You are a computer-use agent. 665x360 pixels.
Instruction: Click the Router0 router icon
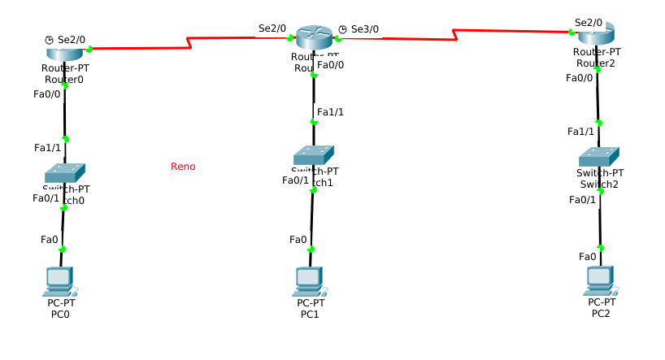(x=64, y=53)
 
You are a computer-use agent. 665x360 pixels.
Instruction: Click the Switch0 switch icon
(x=64, y=172)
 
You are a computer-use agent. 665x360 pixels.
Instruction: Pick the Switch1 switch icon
(x=314, y=154)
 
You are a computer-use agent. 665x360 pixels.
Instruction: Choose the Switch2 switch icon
(x=599, y=156)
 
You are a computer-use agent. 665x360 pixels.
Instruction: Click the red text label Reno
(x=183, y=167)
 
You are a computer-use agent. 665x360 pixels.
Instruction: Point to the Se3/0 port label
(x=365, y=29)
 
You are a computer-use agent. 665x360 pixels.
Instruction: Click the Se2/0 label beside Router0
(x=72, y=39)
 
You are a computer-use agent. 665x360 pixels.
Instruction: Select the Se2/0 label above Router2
(x=589, y=23)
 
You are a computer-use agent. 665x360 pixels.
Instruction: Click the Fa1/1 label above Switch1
(x=330, y=111)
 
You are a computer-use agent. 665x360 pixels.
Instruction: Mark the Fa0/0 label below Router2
(x=580, y=78)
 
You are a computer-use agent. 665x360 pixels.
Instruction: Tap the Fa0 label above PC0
(x=49, y=239)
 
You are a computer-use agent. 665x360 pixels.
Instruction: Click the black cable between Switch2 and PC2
(x=600, y=219)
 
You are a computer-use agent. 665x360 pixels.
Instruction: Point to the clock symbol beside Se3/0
(x=342, y=29)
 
